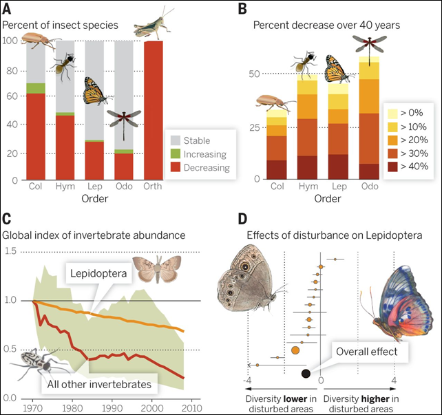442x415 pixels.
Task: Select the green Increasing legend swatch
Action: pyautogui.click(x=175, y=155)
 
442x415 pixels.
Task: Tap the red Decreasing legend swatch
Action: pyautogui.click(x=175, y=167)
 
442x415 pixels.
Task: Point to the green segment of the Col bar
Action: pyautogui.click(x=36, y=88)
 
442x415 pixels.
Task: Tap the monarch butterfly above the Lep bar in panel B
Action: pyautogui.click(x=337, y=69)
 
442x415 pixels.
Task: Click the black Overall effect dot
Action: pyautogui.click(x=306, y=373)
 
